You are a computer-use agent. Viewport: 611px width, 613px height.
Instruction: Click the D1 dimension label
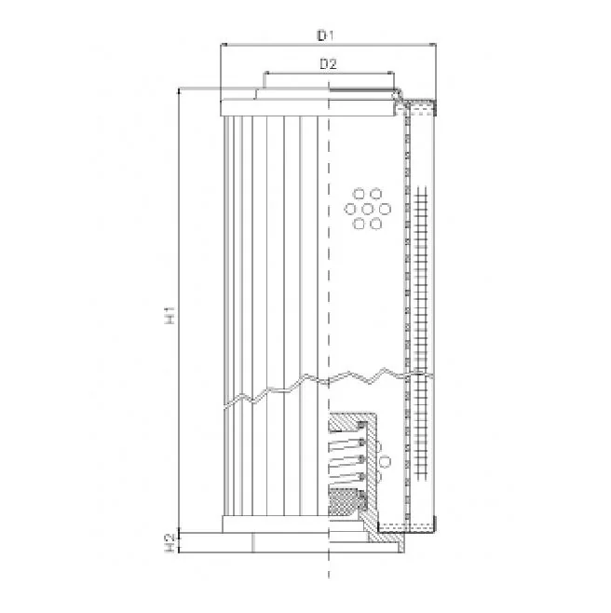[325, 36]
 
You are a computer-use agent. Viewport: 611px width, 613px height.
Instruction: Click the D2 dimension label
[328, 63]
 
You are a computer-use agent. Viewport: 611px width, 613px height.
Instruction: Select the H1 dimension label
[170, 316]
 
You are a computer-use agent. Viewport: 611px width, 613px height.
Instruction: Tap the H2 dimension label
[170, 542]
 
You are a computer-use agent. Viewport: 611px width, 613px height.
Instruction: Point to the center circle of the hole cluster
[368, 210]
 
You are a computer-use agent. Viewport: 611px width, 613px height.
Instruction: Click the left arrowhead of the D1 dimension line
[224, 45]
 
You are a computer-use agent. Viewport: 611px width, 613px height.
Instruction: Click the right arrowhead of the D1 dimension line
[433, 45]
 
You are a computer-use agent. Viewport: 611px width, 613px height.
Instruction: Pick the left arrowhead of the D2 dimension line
[266, 73]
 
